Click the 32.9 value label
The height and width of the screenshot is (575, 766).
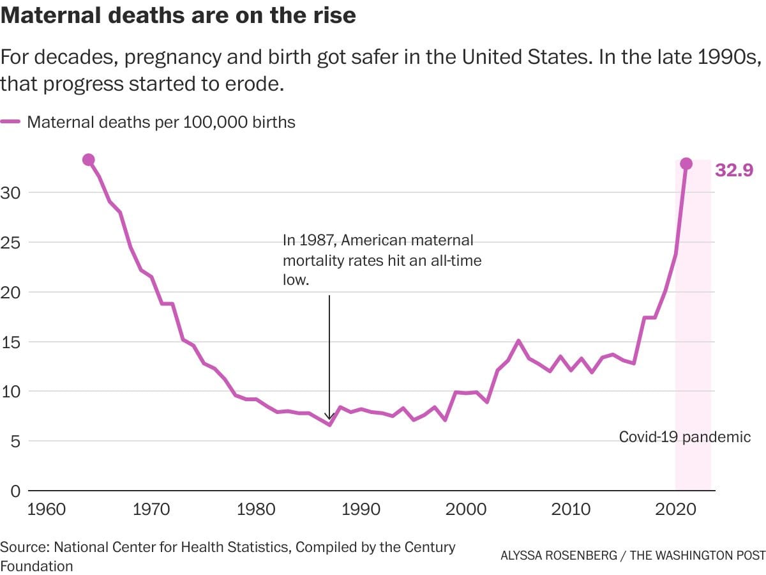pos(734,171)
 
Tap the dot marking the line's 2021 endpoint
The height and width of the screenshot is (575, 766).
pos(686,164)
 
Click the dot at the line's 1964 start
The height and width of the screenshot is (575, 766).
pos(89,160)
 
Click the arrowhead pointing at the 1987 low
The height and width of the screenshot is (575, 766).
pos(329,417)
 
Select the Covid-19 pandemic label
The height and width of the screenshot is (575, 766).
pos(685,438)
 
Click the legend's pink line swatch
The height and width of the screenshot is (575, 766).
pos(11,122)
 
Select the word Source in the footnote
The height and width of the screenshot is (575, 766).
pos(24,548)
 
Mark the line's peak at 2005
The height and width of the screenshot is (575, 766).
pos(518,341)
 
